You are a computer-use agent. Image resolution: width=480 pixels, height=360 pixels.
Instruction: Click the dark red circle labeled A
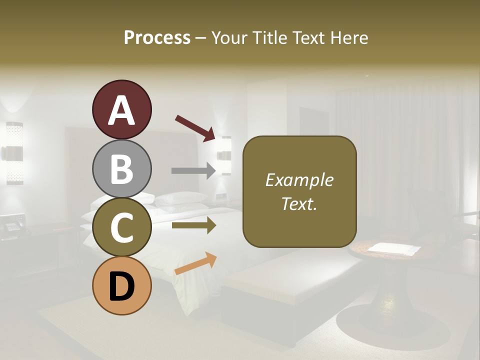121,110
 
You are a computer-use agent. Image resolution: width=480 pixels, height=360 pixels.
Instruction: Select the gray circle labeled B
121,169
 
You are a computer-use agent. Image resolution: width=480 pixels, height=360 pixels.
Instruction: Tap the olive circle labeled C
121,227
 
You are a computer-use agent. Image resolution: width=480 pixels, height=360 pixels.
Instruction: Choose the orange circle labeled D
121,285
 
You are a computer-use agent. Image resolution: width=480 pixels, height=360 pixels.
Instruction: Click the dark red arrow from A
195,127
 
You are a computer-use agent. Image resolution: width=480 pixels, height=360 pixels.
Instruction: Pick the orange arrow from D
195,263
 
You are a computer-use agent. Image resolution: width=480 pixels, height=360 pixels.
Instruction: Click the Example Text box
299,191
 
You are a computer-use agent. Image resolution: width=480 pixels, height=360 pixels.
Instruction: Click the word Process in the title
157,37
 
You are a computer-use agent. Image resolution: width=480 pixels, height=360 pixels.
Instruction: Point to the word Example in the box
299,180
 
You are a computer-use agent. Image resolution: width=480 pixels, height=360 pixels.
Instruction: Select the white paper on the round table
393,248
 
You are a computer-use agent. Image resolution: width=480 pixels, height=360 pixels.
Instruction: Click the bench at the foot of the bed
280,280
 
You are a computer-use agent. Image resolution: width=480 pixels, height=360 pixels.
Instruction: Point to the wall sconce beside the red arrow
226,155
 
